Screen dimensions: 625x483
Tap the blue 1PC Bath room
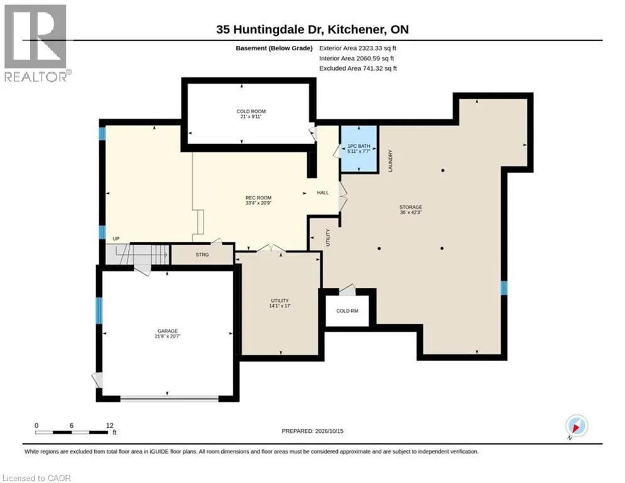[x=359, y=148]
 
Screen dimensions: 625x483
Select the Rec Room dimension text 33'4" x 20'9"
[x=258, y=203]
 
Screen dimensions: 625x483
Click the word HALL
[x=323, y=192]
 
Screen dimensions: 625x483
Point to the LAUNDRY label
[x=391, y=161]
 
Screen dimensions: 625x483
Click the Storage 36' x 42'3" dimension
[x=411, y=213]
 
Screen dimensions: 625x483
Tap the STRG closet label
[x=202, y=254]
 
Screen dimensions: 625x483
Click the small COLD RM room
[x=347, y=311]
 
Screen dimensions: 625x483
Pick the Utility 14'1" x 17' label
[x=280, y=303]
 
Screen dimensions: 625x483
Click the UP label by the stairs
[x=116, y=239]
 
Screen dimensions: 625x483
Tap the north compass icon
[x=577, y=426]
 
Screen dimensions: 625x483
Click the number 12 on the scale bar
[x=110, y=426]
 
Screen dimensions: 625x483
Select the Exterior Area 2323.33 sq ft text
[x=357, y=48]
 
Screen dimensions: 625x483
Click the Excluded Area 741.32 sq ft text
[x=358, y=69]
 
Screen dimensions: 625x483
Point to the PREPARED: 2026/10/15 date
[x=313, y=431]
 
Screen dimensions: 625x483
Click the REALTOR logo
[x=37, y=43]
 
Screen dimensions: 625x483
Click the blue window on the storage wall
[x=504, y=288]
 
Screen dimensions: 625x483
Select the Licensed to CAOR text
[x=36, y=478]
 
